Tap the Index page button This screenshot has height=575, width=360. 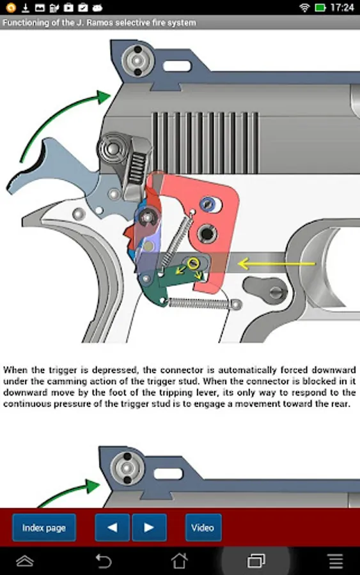pyautogui.click(x=44, y=527)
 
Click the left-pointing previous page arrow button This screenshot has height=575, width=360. pyautogui.click(x=113, y=527)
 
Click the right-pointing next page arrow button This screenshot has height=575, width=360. pyautogui.click(x=149, y=527)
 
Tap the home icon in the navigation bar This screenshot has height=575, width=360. pyautogui.click(x=180, y=561)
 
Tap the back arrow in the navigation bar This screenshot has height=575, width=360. pyautogui.click(x=103, y=561)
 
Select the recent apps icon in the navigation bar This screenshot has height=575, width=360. pyautogui.click(x=256, y=561)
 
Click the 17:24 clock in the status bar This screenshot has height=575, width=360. pyautogui.click(x=342, y=7)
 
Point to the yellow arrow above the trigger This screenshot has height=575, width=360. pyautogui.click(x=276, y=263)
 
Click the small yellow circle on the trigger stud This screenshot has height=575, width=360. pyautogui.click(x=193, y=263)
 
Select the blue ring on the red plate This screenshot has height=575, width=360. pyautogui.click(x=208, y=204)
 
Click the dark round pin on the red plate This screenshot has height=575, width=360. pyautogui.click(x=205, y=233)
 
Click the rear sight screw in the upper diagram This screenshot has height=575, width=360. pyautogui.click(x=137, y=60)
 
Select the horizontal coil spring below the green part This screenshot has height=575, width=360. pyautogui.click(x=203, y=303)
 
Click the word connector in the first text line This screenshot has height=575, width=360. pyautogui.click(x=182, y=370)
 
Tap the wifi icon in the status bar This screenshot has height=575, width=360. pyautogui.click(x=304, y=7)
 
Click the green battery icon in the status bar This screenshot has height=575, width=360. pyautogui.click(x=320, y=7)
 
